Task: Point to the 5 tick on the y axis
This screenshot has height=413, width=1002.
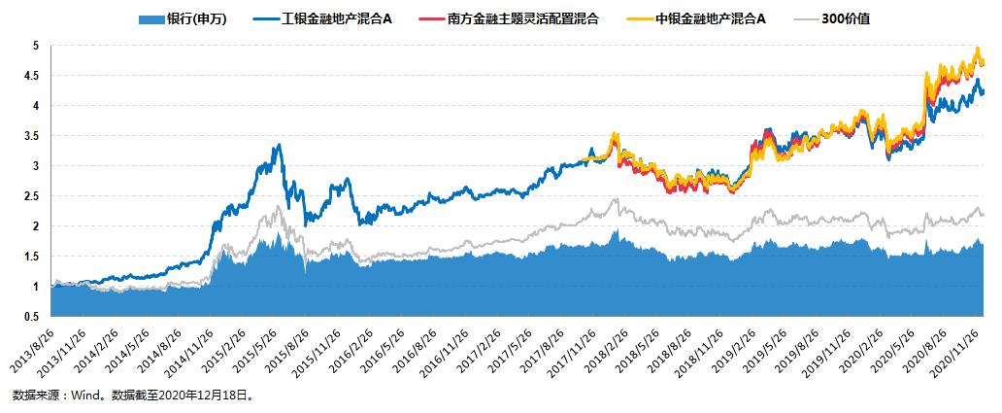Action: pyautogui.click(x=36, y=46)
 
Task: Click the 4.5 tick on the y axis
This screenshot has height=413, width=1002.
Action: pyautogui.click(x=32, y=76)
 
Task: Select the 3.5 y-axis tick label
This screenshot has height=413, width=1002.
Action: pyautogui.click(x=32, y=136)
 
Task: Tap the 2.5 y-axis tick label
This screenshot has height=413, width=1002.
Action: pyautogui.click(x=32, y=196)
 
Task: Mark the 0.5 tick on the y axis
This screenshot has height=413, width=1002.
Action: pyautogui.click(x=32, y=317)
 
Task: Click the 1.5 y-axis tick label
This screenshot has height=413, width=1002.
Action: pyautogui.click(x=32, y=257)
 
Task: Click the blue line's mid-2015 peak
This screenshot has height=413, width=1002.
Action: pyautogui.click(x=280, y=145)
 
